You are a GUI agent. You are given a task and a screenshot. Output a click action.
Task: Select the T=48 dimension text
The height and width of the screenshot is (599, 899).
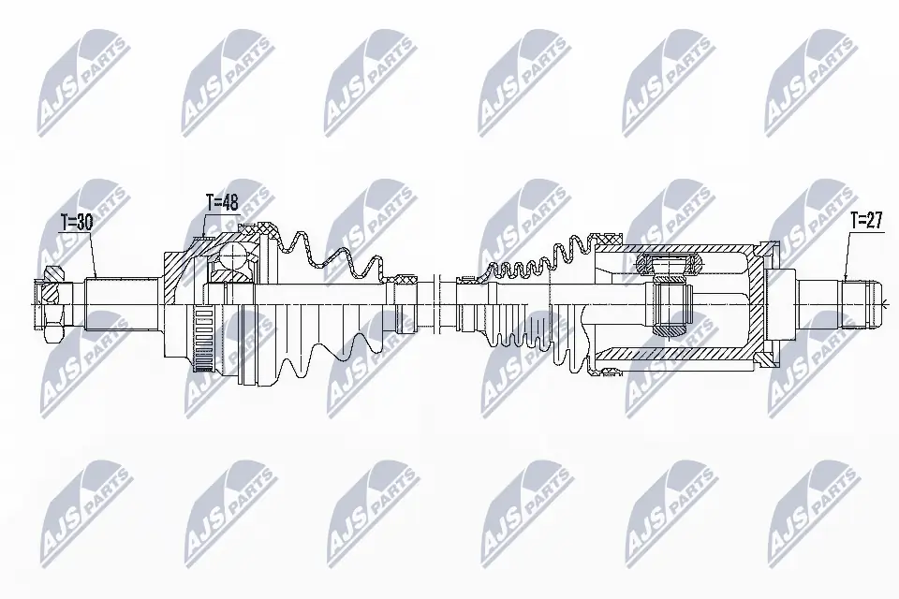223,200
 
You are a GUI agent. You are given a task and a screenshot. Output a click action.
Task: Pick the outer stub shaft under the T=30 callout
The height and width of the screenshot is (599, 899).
122,301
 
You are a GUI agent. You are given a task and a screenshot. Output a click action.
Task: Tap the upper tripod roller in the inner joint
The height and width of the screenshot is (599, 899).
668,262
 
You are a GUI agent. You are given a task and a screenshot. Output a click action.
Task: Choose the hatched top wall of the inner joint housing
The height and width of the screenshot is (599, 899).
674,248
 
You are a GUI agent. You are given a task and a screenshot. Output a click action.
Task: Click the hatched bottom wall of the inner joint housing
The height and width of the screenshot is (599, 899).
674,357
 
